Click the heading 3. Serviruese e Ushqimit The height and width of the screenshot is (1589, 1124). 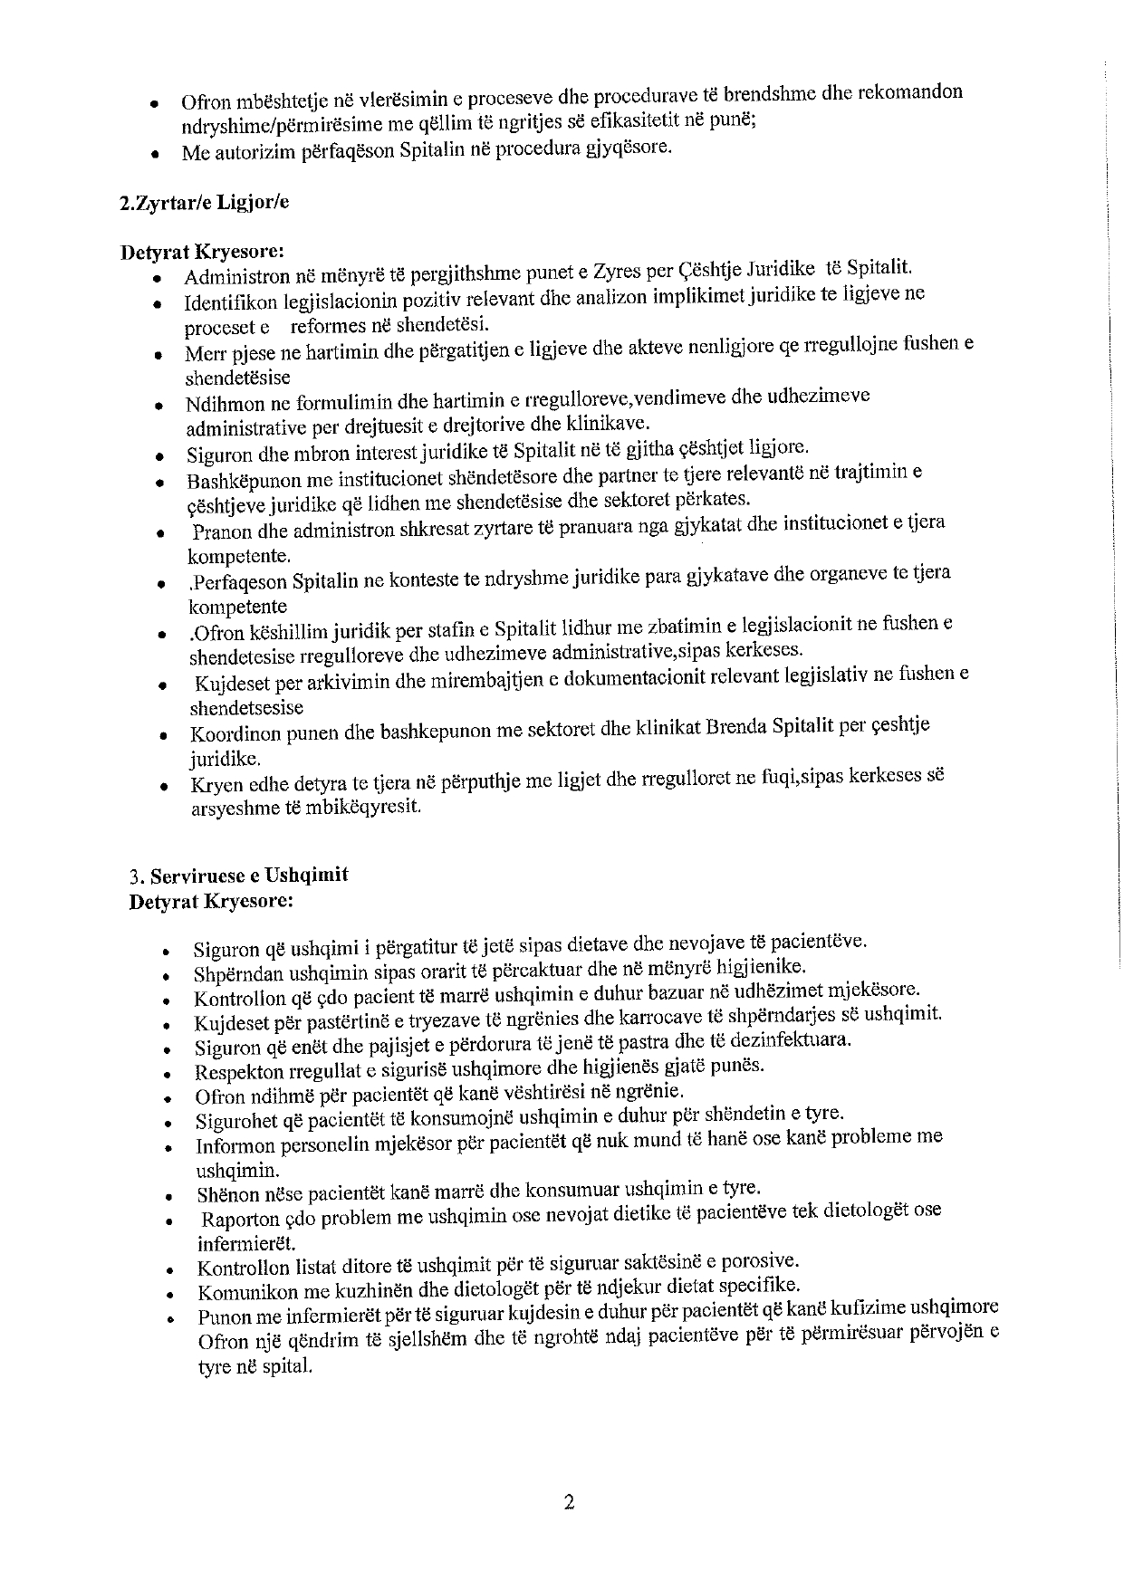pos(239,876)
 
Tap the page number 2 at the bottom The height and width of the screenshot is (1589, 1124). pos(569,1503)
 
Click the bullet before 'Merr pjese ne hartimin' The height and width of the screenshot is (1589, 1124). pos(159,355)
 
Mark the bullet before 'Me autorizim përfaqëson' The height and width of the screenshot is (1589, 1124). pos(157,155)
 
